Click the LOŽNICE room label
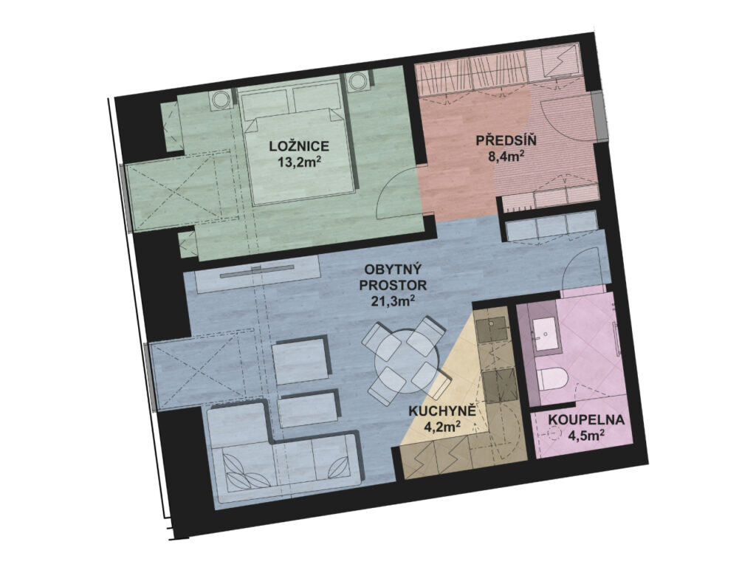[300, 146]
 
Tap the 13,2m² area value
[299, 162]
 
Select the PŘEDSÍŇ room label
[506, 141]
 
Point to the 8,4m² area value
[506, 157]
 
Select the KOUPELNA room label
[586, 419]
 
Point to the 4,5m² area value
[587, 436]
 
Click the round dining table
[408, 360]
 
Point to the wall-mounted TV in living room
[258, 272]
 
